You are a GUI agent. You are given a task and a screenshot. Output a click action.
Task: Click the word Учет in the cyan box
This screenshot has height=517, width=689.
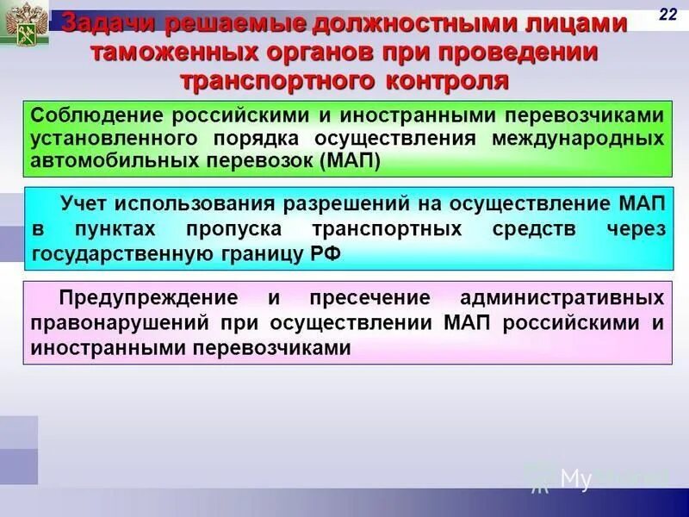click(86, 204)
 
